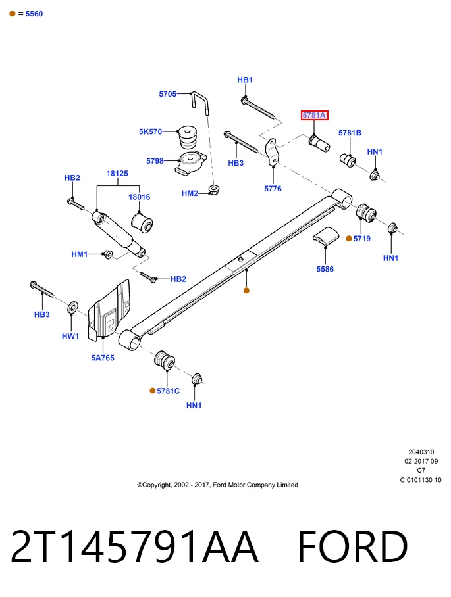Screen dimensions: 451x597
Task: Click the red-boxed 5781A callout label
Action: coord(314,115)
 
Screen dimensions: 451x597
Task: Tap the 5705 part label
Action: coord(168,93)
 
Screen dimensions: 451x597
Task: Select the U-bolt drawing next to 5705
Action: coord(200,103)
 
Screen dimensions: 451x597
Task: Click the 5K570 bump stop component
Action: coord(188,138)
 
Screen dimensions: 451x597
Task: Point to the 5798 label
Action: coord(155,160)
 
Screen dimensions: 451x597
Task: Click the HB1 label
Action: coord(245,80)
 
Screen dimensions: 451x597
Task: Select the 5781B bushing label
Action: coord(350,133)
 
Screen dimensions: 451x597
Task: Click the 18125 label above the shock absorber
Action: coord(117,173)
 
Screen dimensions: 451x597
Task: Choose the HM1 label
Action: coord(79,254)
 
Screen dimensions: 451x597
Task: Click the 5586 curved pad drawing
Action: coord(326,235)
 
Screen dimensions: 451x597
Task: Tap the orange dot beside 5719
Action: coord(348,239)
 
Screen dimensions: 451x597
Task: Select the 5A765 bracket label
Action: coord(103,358)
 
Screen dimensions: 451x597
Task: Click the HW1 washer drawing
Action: coord(72,307)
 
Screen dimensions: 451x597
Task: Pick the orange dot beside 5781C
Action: coord(153,391)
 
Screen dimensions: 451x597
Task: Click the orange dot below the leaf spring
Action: coord(246,291)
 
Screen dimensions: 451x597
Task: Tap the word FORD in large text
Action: coord(353,546)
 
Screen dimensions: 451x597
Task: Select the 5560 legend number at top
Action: coord(34,14)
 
